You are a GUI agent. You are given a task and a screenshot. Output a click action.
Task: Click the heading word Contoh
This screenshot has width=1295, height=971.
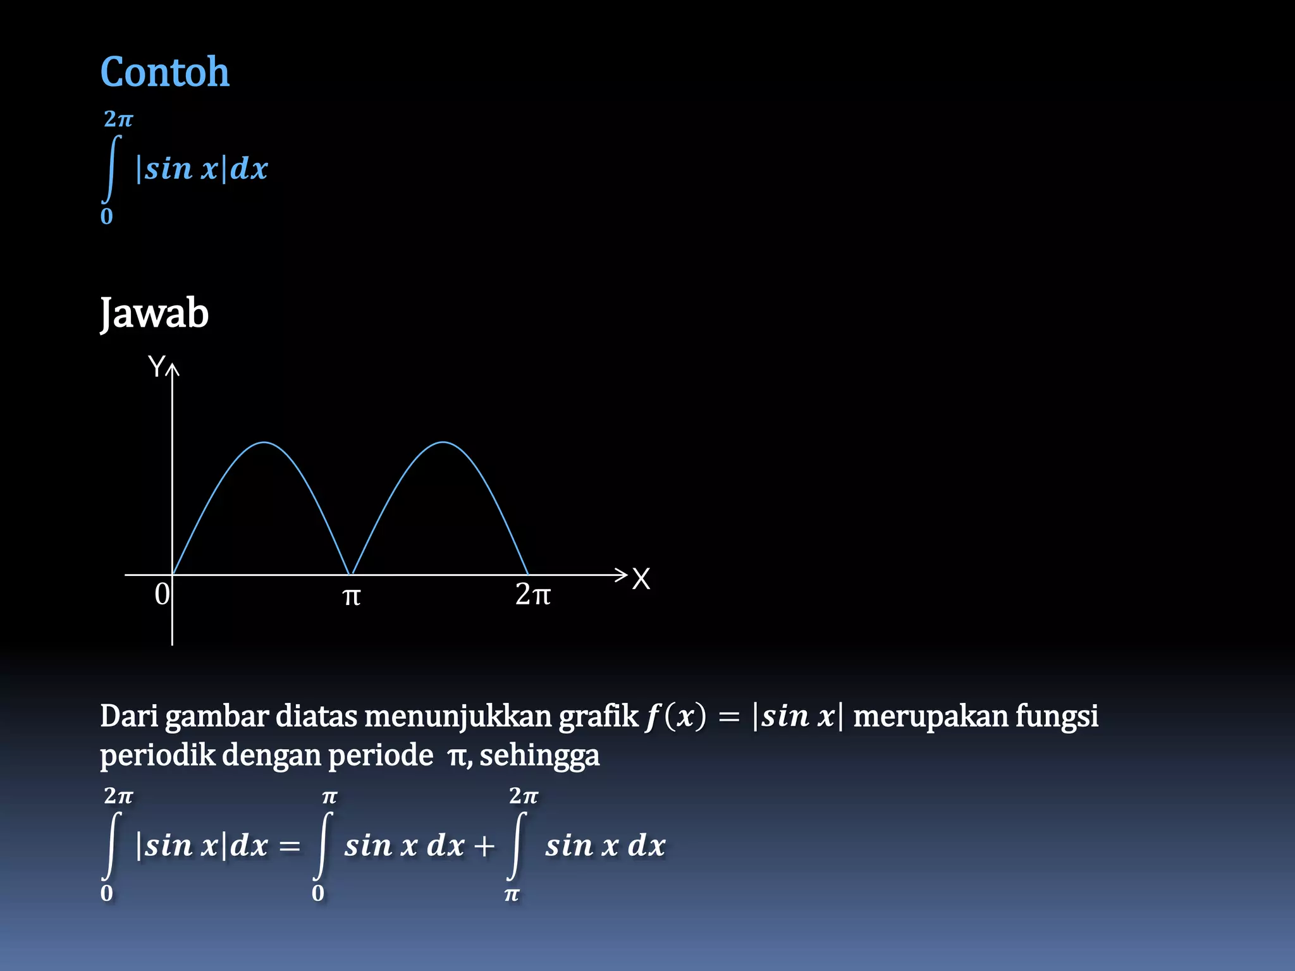tap(164, 72)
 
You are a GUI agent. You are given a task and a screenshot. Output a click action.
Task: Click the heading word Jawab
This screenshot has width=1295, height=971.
tap(154, 314)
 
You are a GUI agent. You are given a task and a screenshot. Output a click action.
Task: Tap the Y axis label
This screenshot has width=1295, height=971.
tap(156, 367)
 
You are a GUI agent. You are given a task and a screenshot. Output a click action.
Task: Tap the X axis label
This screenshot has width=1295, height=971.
tap(641, 579)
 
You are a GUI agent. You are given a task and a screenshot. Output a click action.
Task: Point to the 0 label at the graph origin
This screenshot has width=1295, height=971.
tap(162, 595)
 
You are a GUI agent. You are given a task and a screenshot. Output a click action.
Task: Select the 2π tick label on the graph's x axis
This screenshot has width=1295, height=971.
tap(532, 595)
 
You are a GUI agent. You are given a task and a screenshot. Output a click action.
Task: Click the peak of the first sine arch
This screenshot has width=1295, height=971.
tap(264, 443)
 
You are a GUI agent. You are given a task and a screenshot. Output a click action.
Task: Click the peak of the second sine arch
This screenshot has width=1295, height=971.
tap(444, 443)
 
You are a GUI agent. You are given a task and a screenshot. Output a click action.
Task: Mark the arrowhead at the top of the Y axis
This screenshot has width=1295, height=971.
tap(172, 368)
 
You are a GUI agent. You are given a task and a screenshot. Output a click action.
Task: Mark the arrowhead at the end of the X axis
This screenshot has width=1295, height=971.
tap(622, 575)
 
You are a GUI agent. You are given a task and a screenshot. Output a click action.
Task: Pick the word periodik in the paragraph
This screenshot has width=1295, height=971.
tap(157, 755)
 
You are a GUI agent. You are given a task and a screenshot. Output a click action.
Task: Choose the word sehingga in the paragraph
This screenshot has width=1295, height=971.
tap(539, 756)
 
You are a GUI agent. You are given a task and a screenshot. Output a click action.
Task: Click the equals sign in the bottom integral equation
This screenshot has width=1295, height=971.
tap(290, 846)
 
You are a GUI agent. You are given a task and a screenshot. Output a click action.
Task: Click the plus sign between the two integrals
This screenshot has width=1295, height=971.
tap(484, 846)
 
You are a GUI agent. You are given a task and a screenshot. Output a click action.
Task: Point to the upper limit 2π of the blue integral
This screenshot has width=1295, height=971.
tap(118, 119)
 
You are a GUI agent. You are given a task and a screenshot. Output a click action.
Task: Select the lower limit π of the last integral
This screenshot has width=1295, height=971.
tap(512, 895)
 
